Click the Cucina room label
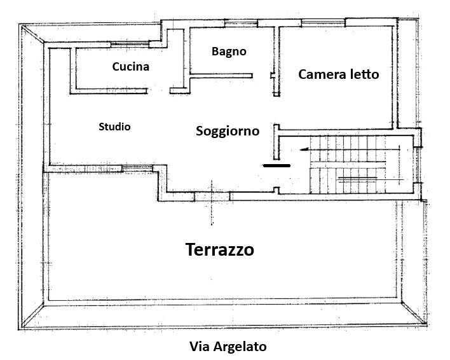point(130,67)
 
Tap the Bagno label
point(229,52)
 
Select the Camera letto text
point(339,74)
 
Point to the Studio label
point(114,127)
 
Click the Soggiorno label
point(228,131)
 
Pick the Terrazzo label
point(220,249)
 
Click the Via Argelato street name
point(228,346)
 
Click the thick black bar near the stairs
point(276,165)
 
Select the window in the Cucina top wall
point(130,45)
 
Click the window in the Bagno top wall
point(240,24)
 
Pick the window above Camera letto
point(323,23)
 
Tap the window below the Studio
point(137,169)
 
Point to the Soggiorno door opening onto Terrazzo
point(212,197)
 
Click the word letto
point(365,74)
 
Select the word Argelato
point(240,347)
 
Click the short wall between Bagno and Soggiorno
point(221,76)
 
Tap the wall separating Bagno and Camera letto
point(276,61)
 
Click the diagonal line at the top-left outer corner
point(32,34)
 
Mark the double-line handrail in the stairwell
point(358,179)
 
